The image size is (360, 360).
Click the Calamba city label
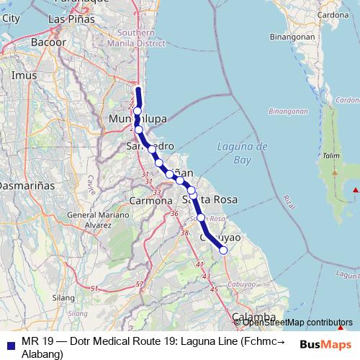pos(253,317)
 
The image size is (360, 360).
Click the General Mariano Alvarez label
pos(90,220)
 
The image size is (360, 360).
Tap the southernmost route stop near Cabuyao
pos(223,250)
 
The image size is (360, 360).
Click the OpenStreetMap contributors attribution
pos(297,323)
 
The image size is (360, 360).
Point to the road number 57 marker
pos(140,285)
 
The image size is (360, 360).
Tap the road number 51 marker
pos(94,289)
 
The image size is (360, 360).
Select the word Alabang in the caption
pos(43,354)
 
